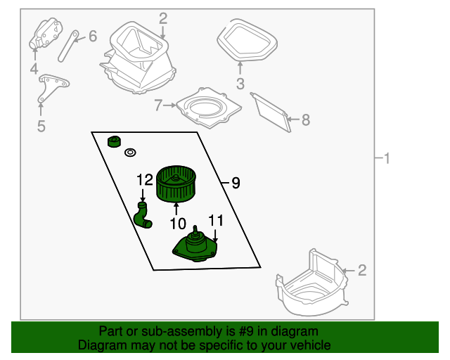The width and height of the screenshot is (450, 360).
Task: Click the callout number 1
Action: [x=386, y=159]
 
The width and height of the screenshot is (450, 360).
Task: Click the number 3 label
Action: [x=240, y=85]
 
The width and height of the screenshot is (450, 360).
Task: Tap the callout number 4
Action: [x=33, y=68]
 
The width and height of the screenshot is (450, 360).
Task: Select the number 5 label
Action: [x=41, y=127]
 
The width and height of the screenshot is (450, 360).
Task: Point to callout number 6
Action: [x=92, y=37]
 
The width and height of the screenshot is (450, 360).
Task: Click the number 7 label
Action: [x=159, y=105]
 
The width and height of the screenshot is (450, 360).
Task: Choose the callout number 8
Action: [x=305, y=120]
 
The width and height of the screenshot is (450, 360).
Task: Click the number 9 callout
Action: [x=236, y=184]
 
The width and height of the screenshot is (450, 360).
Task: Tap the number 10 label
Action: [x=177, y=224]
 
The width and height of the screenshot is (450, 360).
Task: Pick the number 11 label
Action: [x=215, y=221]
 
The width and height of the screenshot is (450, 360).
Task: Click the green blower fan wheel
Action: [x=176, y=184]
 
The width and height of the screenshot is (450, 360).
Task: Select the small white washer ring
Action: [x=130, y=152]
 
